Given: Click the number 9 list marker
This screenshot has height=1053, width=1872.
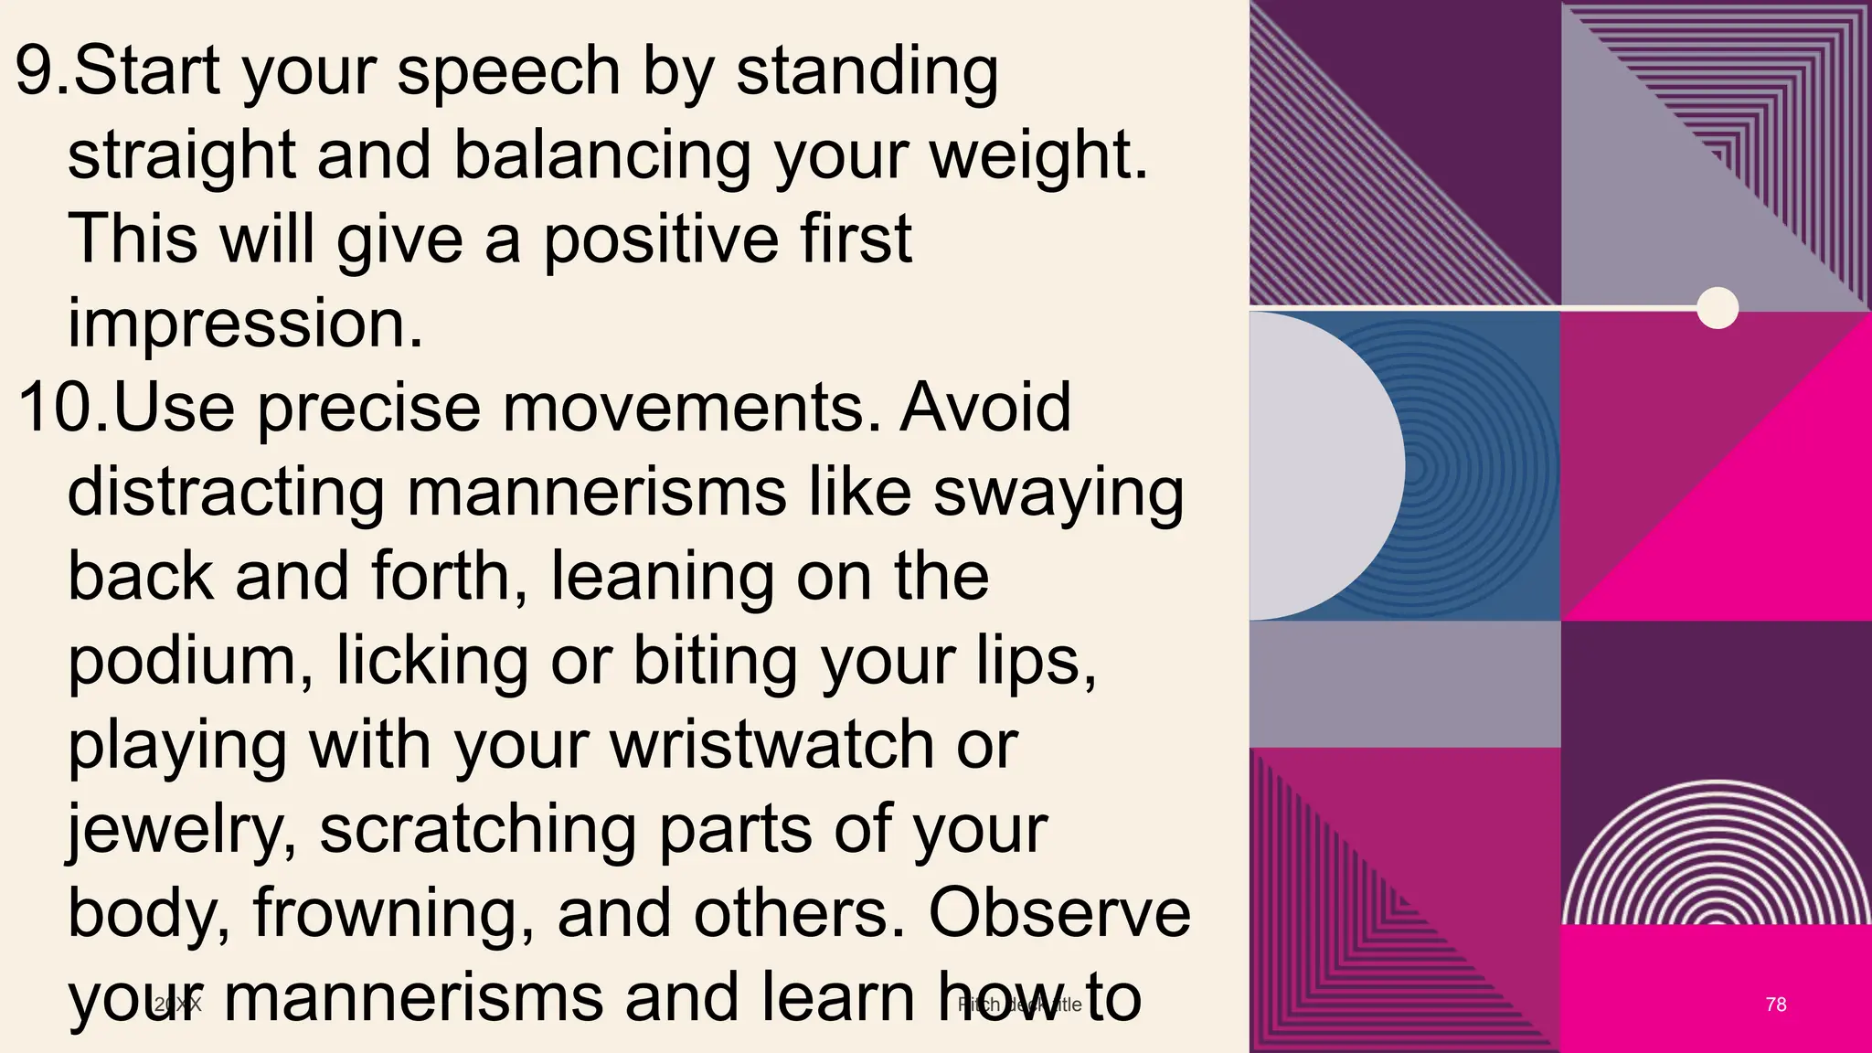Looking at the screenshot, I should (41, 71).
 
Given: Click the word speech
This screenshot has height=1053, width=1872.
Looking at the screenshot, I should (508, 71).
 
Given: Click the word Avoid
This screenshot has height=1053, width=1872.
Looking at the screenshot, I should (985, 408).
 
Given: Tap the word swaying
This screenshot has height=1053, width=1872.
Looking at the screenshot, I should (1058, 494).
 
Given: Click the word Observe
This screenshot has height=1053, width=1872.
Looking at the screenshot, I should (1059, 913).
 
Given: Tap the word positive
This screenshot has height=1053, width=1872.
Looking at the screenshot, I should (661, 239).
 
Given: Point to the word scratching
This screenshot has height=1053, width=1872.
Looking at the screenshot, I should (477, 830).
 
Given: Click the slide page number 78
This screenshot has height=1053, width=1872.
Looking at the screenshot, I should (1775, 1005).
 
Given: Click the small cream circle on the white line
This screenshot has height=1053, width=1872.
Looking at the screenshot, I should (1717, 307).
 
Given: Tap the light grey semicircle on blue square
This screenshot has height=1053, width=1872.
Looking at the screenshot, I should (1325, 466).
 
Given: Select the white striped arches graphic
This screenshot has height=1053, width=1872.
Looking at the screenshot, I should (1716, 855).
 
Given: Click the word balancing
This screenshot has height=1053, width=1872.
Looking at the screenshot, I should (602, 155).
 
